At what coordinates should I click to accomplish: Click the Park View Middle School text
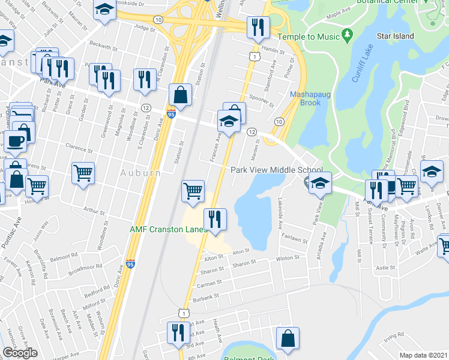[277, 170]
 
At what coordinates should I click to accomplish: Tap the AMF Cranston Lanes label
[169, 229]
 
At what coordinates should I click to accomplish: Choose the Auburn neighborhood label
[143, 173]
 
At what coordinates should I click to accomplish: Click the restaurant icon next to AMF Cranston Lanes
[214, 218]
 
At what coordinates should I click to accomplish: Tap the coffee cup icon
[15, 142]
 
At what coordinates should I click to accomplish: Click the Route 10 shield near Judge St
[157, 20]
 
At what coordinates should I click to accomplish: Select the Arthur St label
[94, 210]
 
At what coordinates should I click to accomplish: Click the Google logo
[20, 353]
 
